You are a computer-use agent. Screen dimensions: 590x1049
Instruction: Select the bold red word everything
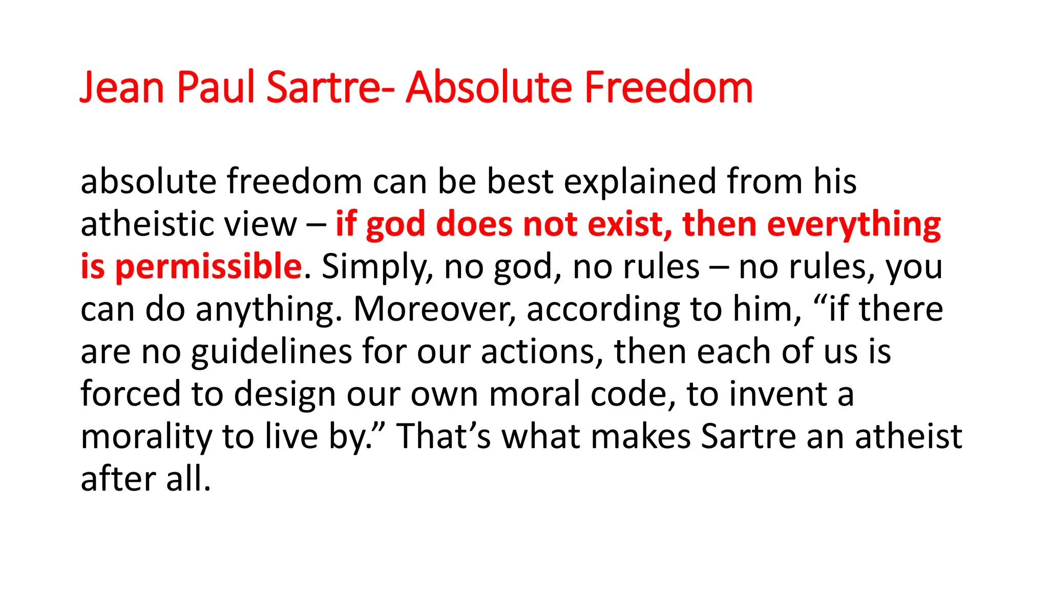(x=854, y=225)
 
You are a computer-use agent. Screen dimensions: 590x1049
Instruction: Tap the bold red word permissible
(x=208, y=267)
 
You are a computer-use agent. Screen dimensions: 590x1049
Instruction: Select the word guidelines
(x=271, y=353)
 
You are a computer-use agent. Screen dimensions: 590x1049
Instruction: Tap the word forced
(x=131, y=394)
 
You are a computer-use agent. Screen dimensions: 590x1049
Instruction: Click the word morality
(x=146, y=437)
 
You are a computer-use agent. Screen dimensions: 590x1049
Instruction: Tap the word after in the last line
(x=118, y=479)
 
